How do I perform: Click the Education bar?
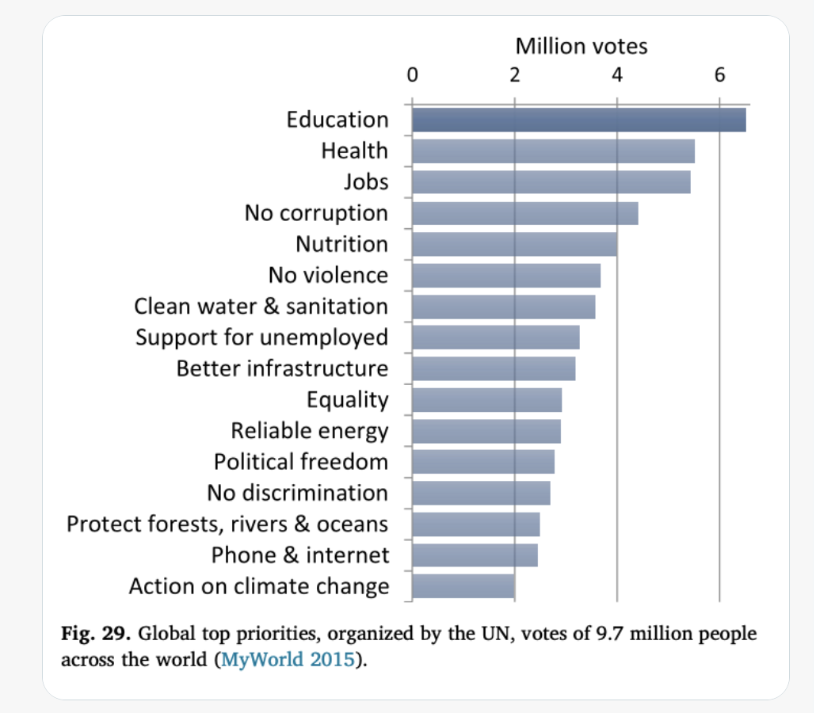pos(578,120)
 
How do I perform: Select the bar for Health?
pos(553,151)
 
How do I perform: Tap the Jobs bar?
pos(551,182)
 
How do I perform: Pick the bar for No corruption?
pos(524,213)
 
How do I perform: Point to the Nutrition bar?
pos(514,244)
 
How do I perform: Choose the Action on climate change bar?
pos(463,586)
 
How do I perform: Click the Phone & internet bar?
pos(475,555)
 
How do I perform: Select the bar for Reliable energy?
pos(486,431)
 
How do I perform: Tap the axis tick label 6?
pos(719,75)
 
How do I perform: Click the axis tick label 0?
pos(412,75)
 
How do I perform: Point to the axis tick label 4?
pos(617,75)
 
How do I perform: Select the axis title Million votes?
pos(581,46)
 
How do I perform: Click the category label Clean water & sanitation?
pos(261,307)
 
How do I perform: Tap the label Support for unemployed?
pos(261,337)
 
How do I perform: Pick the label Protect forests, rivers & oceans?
pos(227,524)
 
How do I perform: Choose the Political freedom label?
pos(301,462)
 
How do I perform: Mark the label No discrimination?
pos(297,493)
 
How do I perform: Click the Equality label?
pos(347,400)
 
